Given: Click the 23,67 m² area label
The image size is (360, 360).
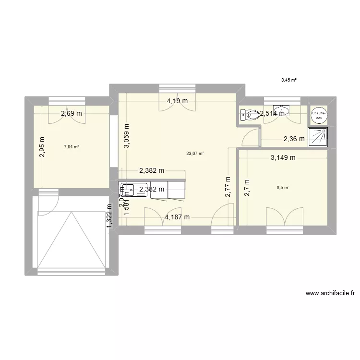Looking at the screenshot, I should [195, 154].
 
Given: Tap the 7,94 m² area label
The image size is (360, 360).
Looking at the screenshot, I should [72, 147].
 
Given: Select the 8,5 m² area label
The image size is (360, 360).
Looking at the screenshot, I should [287, 188].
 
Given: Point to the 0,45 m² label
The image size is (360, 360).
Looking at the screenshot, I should [289, 80].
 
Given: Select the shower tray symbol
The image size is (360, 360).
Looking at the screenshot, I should [318, 136].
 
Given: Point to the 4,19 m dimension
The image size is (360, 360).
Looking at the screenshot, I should [177, 101].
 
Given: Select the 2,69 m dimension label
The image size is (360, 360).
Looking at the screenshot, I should [71, 114].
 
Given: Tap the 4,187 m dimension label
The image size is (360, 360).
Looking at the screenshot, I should [177, 217].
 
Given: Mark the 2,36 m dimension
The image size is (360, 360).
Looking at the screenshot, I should [294, 139].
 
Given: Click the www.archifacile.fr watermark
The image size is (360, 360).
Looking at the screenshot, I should [333, 293].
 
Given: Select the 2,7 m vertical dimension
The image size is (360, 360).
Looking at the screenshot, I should [248, 189].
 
